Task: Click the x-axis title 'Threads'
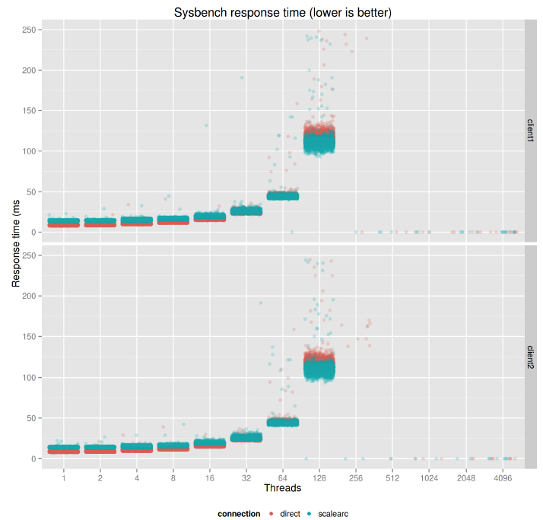282,488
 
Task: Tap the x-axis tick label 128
319,478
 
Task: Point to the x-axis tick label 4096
502,478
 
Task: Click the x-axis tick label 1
64,478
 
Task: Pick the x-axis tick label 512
392,478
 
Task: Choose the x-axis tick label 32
246,478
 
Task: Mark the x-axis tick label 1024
429,478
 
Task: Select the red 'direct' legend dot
272,514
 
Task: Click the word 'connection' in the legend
239,514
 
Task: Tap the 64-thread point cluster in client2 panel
282,421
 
